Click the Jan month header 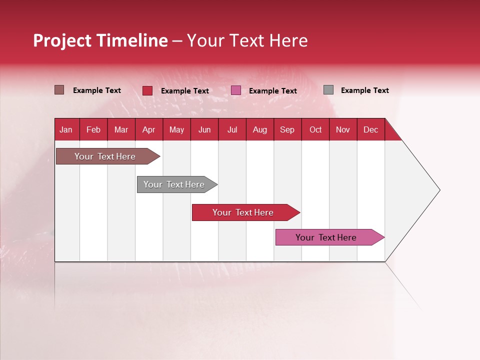coord(66,129)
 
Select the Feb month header coord(93,129)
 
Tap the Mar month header coord(121,129)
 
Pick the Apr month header coord(148,129)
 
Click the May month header coord(176,129)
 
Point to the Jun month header coord(204,129)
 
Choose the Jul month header coord(232,129)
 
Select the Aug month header coord(259,129)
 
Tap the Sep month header coord(287,129)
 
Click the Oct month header coord(315,129)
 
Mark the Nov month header coord(343,129)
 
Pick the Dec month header coord(370,129)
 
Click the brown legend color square coord(59,90)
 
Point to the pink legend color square coord(236,90)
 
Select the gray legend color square coord(328,90)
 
